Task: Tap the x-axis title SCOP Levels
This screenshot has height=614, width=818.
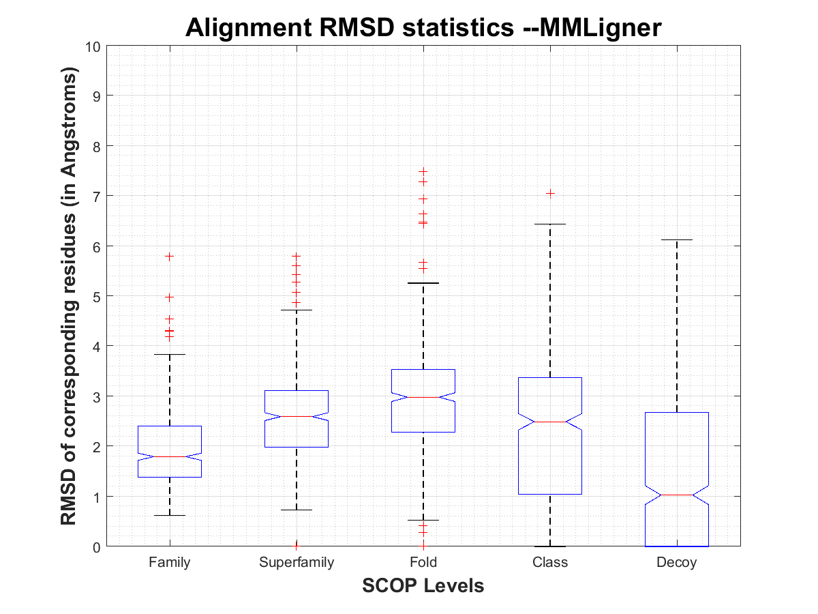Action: pos(423,585)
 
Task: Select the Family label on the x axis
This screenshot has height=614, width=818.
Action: pos(169,563)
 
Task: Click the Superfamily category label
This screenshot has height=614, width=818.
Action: pos(297,563)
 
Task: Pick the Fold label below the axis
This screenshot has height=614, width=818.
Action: pos(423,563)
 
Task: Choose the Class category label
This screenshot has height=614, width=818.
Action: pos(550,563)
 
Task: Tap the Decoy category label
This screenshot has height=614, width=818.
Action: pos(677,563)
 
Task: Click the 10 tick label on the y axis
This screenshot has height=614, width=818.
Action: pos(93,46)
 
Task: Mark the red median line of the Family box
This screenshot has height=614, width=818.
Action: pos(169,456)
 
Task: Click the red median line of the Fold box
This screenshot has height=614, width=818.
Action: pos(423,397)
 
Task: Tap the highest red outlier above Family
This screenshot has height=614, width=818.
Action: pos(169,257)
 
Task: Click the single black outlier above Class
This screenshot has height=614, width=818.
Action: pos(550,194)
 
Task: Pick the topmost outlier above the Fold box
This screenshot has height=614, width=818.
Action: pos(423,172)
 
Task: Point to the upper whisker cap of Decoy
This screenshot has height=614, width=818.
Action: pos(677,240)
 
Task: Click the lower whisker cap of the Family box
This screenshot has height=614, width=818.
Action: pos(169,515)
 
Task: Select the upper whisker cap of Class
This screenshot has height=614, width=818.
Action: pos(550,224)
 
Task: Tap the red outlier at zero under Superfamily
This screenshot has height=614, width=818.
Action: pos(297,545)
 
